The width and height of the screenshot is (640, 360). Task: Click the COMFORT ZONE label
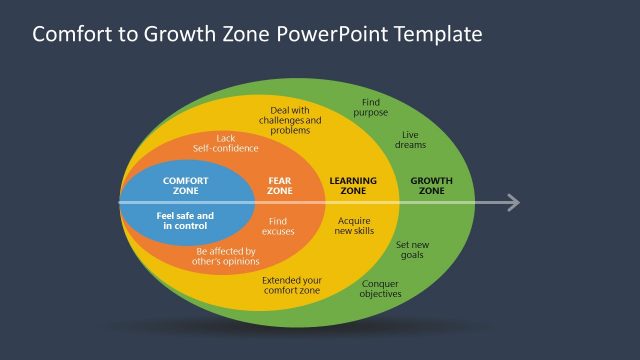(185, 185)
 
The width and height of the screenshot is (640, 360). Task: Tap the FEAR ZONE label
(280, 185)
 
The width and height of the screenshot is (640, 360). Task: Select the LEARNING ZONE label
(353, 185)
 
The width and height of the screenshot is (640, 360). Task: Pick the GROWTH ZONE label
(431, 185)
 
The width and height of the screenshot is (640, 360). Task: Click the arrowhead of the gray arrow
(512, 203)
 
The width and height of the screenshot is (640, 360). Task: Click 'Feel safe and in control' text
(185, 220)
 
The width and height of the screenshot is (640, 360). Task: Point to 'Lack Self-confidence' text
(225, 143)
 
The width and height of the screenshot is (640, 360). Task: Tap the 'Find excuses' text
(280, 225)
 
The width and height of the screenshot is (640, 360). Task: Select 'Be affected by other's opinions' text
(227, 256)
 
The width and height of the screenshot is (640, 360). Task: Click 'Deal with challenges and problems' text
(291, 119)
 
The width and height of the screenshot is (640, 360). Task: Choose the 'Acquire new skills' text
(354, 225)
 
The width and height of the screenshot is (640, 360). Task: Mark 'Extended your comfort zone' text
(291, 285)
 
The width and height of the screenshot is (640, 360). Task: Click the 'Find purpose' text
(370, 108)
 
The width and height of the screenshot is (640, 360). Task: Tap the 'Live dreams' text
(411, 139)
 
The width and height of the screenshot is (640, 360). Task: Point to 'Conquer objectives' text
(381, 288)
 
